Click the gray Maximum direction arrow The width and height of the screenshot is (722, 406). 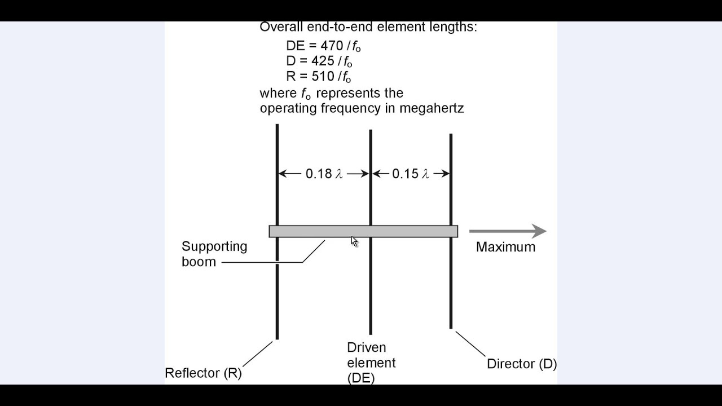[x=507, y=231]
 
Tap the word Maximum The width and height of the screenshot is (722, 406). [x=505, y=247]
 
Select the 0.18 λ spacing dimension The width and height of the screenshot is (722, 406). [x=324, y=174]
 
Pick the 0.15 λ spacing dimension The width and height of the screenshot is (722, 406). [x=411, y=174]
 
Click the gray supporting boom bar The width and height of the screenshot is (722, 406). [x=316, y=231]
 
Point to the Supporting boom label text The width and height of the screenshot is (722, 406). [x=214, y=254]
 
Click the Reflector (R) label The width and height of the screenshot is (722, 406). [x=203, y=373]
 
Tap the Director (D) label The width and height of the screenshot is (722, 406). [x=522, y=364]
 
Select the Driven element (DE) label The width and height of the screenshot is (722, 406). [x=371, y=363]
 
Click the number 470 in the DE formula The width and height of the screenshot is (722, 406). [x=331, y=46]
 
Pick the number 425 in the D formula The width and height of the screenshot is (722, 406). [x=323, y=61]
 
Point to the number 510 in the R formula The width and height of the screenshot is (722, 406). [x=323, y=77]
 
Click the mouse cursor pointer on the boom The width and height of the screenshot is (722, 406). [x=354, y=241]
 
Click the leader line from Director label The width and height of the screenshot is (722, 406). [x=470, y=344]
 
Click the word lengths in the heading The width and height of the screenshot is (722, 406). [x=456, y=27]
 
